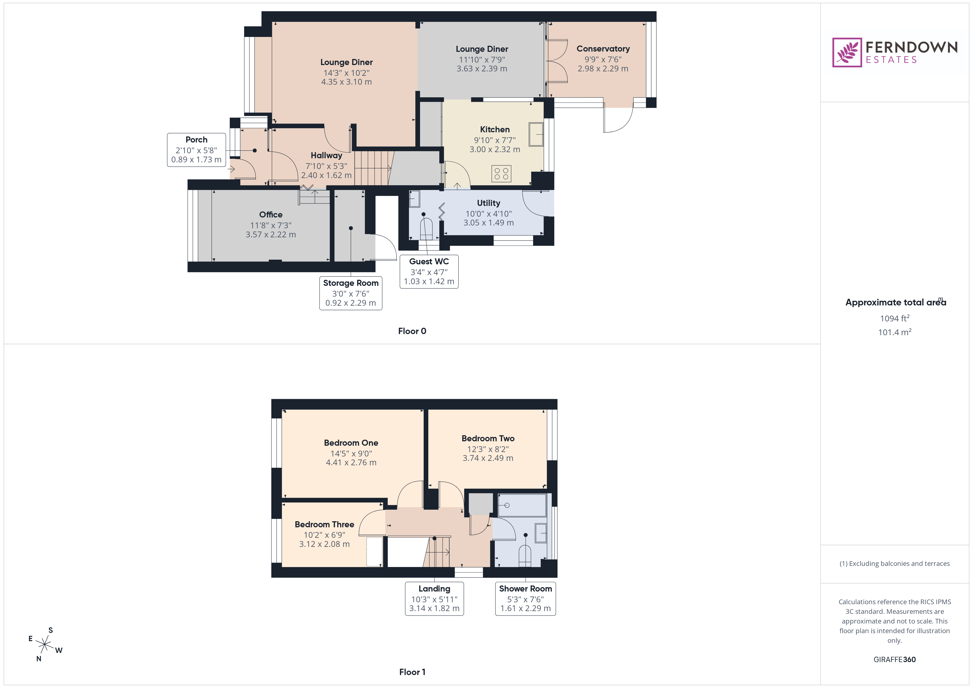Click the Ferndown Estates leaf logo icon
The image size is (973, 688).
[847, 53]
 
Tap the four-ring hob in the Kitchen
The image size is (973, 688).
[501, 174]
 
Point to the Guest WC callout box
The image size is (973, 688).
[429, 271]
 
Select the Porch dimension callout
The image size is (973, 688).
[196, 150]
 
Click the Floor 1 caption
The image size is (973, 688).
[412, 672]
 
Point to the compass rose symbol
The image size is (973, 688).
[44, 645]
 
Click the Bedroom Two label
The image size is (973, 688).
[488, 439]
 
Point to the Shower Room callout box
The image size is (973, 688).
[525, 598]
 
